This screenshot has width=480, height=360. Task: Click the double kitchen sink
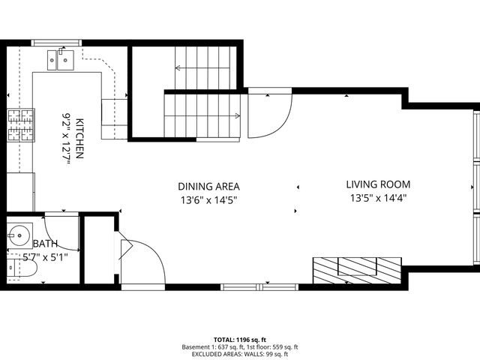[59, 58]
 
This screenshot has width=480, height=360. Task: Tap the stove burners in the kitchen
[20, 125]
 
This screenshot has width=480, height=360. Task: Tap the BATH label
[45, 244]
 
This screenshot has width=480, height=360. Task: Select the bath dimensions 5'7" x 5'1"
[45, 256]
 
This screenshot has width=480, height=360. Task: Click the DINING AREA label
[208, 186]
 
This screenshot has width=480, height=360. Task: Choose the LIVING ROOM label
[378, 184]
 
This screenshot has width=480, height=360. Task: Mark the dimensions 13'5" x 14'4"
[378, 198]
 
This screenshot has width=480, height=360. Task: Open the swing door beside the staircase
[268, 114]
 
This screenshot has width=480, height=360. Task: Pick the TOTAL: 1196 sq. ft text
[239, 340]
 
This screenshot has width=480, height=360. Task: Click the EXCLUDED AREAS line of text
[239, 355]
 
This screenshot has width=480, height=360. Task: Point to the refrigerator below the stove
[20, 190]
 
